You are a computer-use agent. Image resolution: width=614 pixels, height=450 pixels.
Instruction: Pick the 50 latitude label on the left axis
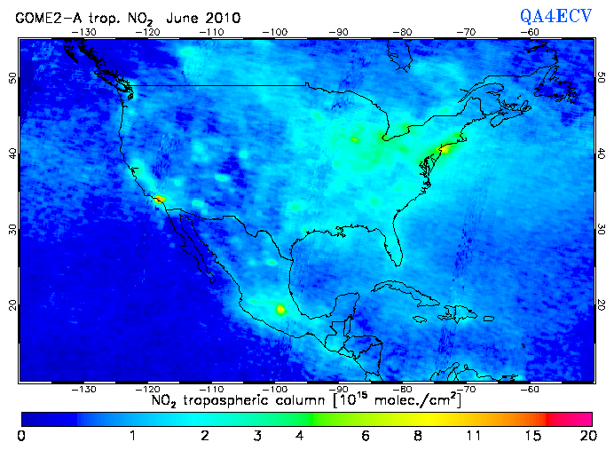point(12,78)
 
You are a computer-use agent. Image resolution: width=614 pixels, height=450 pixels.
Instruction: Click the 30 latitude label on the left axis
point(12,229)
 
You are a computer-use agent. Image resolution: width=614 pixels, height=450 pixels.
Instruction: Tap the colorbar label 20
point(586,436)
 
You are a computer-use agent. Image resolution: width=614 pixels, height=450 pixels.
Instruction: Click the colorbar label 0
point(20,436)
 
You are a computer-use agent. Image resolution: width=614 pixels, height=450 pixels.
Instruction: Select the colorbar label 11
point(473,436)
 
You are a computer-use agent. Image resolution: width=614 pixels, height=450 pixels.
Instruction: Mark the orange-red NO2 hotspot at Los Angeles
point(159,199)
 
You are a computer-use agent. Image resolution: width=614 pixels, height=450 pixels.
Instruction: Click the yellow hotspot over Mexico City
point(281,310)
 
